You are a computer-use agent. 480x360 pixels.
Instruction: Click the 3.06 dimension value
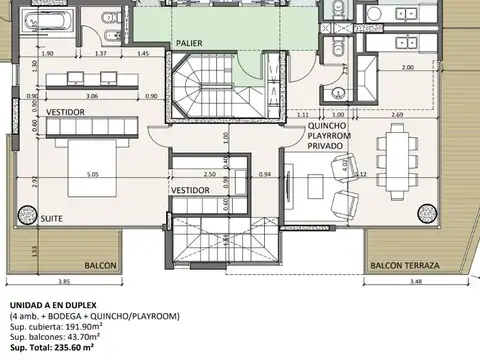coord(91,97)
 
